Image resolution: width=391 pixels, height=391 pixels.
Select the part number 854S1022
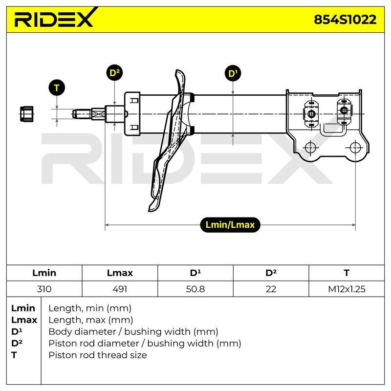345,20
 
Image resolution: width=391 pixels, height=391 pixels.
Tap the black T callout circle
57,88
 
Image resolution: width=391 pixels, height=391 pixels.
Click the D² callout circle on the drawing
114,73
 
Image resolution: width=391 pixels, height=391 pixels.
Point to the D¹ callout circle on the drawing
233,73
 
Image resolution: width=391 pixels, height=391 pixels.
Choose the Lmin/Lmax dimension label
230,225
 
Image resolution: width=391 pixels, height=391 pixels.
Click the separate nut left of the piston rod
27,114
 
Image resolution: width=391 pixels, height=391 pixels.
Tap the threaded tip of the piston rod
82,114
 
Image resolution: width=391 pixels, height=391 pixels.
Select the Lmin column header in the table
44,273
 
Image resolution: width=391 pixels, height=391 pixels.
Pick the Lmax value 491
120,289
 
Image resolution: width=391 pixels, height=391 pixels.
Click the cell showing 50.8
195,289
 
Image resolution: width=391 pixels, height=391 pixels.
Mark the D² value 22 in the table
271,289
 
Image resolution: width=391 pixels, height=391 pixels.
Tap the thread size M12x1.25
347,289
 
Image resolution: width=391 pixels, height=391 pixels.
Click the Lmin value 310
44,289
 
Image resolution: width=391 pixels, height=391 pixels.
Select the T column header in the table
347,273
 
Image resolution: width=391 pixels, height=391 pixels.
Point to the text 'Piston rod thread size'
97,355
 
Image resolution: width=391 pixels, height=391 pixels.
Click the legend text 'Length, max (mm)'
90,320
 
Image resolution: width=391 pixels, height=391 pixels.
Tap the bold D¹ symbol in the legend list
17,332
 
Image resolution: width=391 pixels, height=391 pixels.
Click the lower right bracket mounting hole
355,148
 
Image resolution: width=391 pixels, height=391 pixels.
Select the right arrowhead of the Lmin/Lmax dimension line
353,225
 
